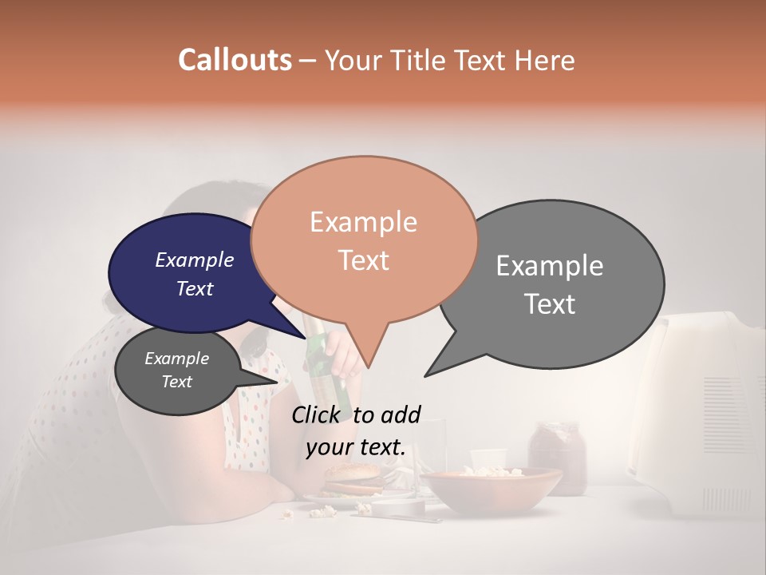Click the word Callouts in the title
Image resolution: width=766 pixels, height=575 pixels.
click(x=235, y=60)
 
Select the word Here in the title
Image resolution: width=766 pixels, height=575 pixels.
click(x=545, y=60)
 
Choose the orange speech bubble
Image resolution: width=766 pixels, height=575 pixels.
click(x=364, y=240)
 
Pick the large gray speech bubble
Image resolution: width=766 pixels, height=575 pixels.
click(x=559, y=284)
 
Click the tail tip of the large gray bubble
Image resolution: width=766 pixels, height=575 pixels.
click(x=425, y=375)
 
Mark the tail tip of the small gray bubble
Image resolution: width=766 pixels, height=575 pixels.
click(x=277, y=382)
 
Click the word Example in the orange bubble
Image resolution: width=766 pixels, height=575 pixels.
click(x=363, y=222)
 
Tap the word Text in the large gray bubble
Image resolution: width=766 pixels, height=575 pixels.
click(x=550, y=304)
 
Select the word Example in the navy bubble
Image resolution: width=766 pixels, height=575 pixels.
click(x=194, y=260)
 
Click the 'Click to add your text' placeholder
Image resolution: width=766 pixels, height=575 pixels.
click(x=356, y=431)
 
